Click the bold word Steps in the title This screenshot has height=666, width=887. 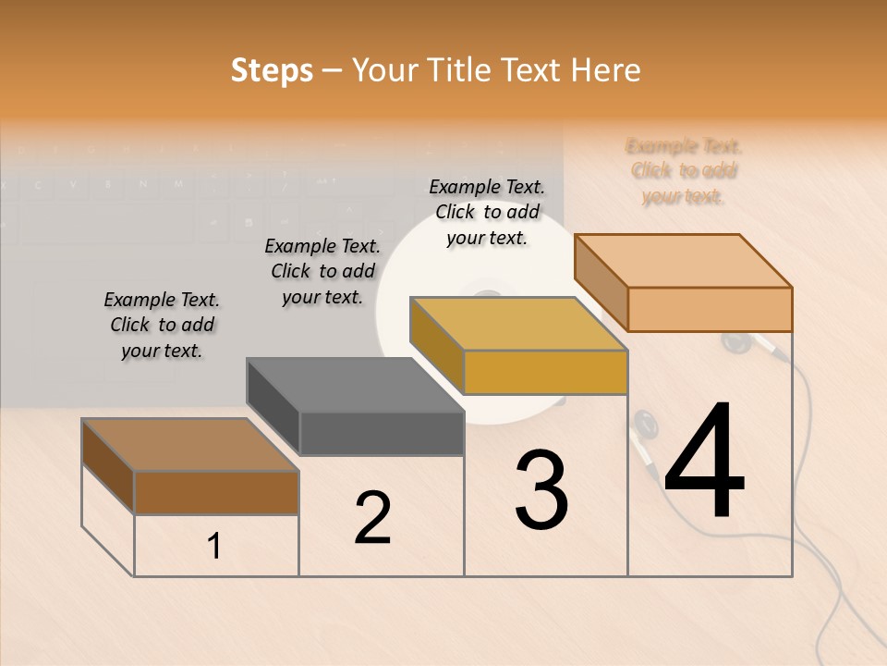tap(271, 70)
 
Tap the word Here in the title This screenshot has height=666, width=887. tap(606, 70)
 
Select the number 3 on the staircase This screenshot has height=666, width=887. tap(541, 490)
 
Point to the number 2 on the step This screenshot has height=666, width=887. tap(372, 518)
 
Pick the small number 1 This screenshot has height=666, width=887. tap(214, 547)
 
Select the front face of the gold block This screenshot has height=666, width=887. tap(545, 372)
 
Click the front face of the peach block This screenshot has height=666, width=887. tap(710, 309)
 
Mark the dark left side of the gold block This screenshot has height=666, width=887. tap(436, 337)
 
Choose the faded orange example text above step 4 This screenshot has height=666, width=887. tap(684, 171)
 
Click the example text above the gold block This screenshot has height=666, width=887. tap(487, 212)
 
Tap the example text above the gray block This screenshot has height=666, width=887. tap(322, 271)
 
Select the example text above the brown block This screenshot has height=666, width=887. tap(162, 325)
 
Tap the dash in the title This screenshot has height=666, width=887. tap(333, 70)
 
